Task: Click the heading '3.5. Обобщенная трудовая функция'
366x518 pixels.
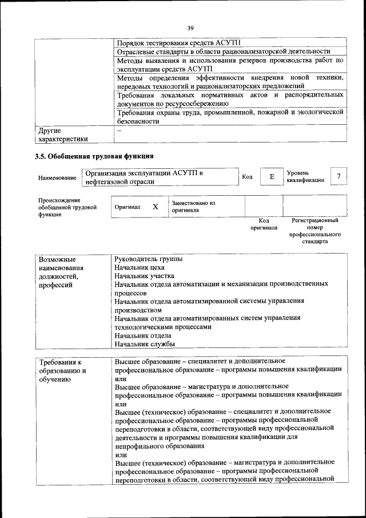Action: tap(94, 156)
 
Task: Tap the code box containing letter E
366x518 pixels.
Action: tap(272, 177)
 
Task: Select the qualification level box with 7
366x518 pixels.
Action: tap(339, 176)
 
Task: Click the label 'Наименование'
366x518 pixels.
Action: tap(57, 178)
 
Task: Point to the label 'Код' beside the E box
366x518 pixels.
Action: tap(248, 177)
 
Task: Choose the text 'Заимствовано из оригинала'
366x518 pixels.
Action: tap(193, 207)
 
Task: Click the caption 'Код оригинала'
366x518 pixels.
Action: tap(264, 224)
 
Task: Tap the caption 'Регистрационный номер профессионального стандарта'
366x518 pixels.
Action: tap(315, 231)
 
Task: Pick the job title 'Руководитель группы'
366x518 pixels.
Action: tap(148, 259)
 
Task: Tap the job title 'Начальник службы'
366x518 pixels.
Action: tap(144, 344)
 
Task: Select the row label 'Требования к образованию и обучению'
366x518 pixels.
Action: tap(63, 370)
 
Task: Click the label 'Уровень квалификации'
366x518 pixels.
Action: tap(306, 176)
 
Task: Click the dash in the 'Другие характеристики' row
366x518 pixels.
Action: tap(118, 131)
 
